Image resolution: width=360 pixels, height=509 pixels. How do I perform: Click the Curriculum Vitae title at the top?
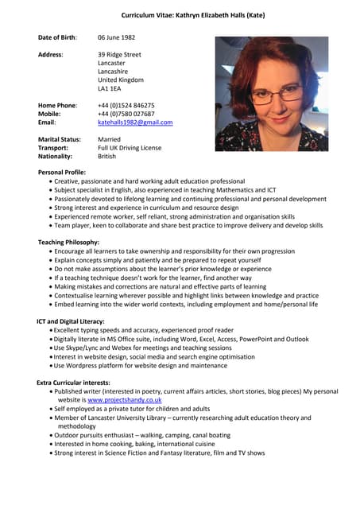point(193,15)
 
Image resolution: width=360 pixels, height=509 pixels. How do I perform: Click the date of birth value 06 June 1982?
point(122,37)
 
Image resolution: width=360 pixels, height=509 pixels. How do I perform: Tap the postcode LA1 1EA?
point(110,89)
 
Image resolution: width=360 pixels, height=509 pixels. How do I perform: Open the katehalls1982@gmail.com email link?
point(134,122)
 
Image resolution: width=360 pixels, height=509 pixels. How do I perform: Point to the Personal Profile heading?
point(67,172)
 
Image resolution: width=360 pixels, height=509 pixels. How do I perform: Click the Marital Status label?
point(59,139)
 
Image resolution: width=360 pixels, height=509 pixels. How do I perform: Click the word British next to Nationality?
point(106,157)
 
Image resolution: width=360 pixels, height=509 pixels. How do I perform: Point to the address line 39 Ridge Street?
point(119,54)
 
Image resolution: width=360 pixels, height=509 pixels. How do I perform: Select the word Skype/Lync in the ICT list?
point(84,348)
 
